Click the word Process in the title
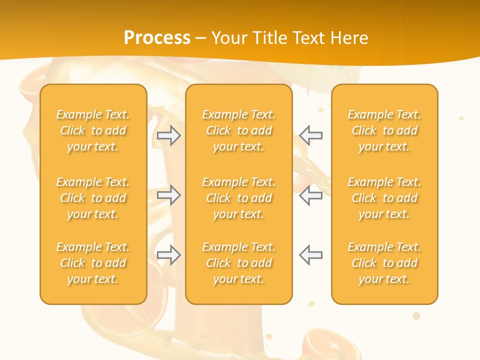coord(157,38)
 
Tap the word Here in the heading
coord(348,38)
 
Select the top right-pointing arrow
coord(169,135)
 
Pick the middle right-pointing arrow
coord(169,195)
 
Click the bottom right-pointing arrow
coord(169,255)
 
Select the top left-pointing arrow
coord(310,135)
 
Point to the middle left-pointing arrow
coord(310,195)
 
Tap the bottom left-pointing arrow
coord(310,255)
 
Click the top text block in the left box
coord(93,130)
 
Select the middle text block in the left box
coord(93,198)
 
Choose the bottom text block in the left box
coord(93,263)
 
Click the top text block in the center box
coord(239,130)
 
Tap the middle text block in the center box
coord(239,198)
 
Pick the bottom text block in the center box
coord(239,263)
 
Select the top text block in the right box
coord(384,130)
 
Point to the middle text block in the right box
coord(384,198)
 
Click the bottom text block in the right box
coord(384,263)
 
